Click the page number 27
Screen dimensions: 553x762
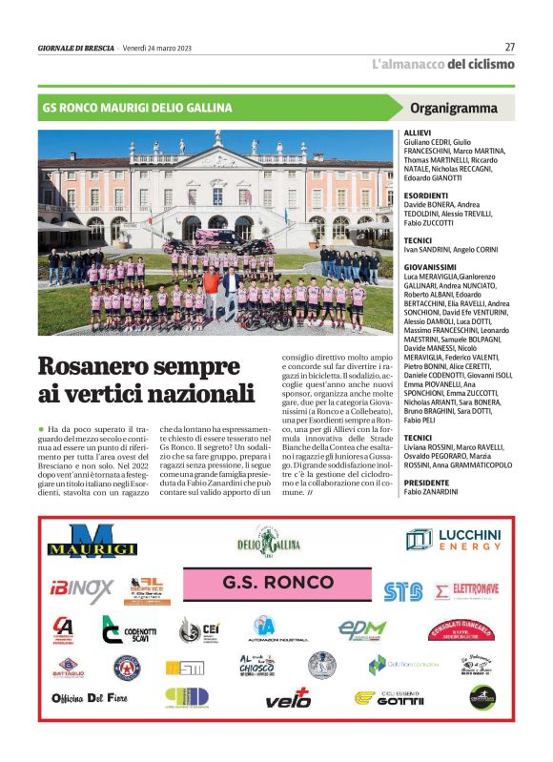[x=509, y=47]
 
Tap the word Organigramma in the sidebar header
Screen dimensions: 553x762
[x=454, y=108]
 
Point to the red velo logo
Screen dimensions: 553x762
[x=288, y=697]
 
